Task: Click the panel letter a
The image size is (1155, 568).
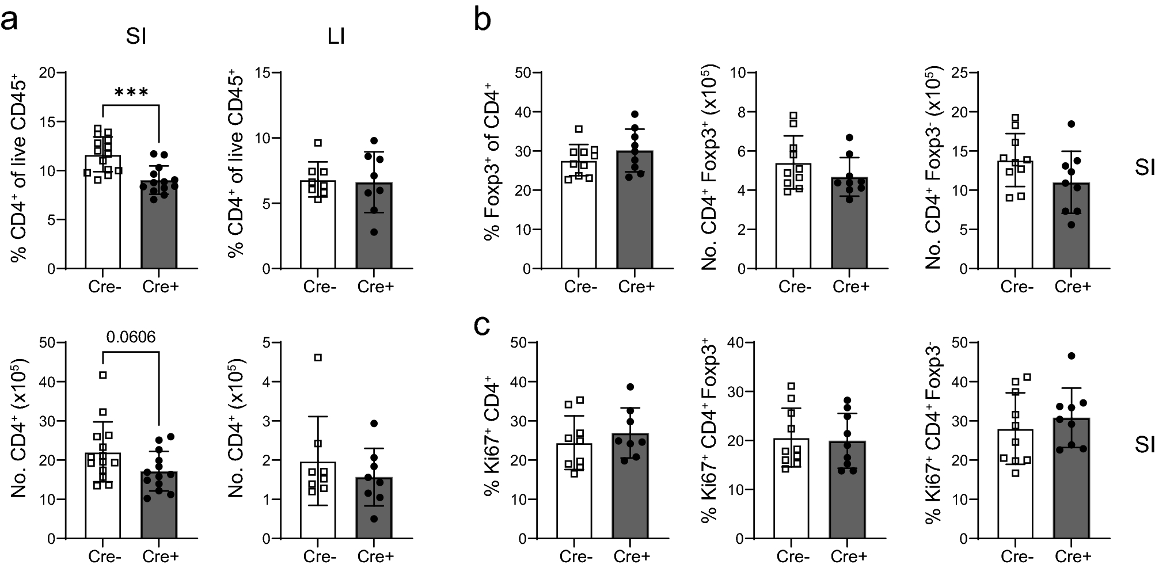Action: click(12, 21)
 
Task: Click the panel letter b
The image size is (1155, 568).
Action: click(482, 21)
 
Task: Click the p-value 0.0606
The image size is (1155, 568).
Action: click(130, 337)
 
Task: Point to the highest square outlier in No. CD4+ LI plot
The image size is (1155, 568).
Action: click(318, 357)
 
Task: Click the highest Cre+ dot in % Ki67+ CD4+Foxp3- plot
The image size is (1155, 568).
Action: click(1071, 356)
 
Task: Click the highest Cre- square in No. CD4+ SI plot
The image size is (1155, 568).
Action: click(103, 375)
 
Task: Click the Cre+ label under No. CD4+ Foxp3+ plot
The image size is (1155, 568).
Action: click(850, 287)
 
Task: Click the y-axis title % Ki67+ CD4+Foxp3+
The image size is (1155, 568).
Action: click(710, 440)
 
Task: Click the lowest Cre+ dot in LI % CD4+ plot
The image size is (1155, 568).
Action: click(374, 232)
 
